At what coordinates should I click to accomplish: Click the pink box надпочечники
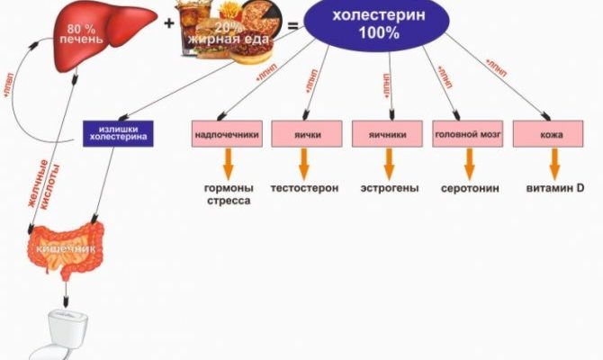[x=227, y=135]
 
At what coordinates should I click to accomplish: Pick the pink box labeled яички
[x=305, y=135]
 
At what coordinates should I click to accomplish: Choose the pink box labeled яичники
[x=388, y=135]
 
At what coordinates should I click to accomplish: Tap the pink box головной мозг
[x=467, y=135]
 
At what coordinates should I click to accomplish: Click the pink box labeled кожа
[x=552, y=135]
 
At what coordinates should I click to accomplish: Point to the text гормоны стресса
[x=229, y=195]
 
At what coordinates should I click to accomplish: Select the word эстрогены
[x=389, y=189]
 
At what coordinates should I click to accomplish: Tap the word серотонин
[x=469, y=190]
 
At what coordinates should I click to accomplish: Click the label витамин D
[x=555, y=189]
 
